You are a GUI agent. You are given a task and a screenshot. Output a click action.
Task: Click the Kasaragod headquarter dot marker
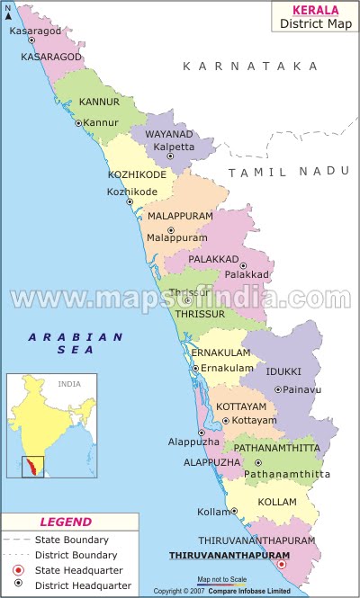pos(31,40)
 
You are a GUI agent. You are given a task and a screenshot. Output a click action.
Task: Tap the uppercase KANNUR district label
pos(99,103)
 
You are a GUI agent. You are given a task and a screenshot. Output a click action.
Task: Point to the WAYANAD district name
pos(169,134)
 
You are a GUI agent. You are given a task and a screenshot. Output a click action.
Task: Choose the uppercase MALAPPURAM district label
pos(180,217)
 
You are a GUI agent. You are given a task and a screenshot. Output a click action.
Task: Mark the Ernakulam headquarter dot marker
pos(195,369)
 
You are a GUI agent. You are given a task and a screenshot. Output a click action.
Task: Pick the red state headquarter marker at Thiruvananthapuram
pos(282,564)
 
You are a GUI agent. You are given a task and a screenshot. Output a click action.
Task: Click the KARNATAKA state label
pos(250,67)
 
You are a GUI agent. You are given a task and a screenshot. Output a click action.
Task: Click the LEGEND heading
pos(66,522)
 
